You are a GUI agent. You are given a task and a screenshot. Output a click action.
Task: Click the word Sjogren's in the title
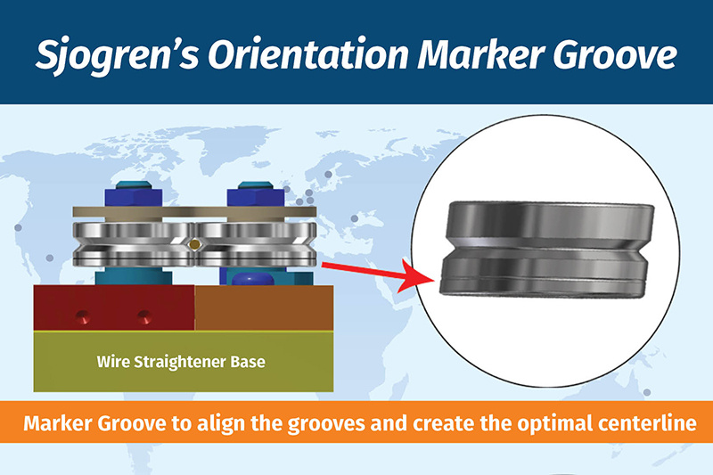(x=118, y=55)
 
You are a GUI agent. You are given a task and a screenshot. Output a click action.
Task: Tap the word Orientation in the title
(x=308, y=54)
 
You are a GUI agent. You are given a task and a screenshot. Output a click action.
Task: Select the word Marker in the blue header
(x=481, y=54)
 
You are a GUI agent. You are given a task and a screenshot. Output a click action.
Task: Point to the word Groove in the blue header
(x=615, y=54)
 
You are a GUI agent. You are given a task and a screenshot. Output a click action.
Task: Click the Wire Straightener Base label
(x=181, y=362)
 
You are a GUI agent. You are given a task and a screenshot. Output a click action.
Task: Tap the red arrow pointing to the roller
(x=377, y=274)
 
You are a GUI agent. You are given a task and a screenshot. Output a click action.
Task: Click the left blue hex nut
(x=133, y=198)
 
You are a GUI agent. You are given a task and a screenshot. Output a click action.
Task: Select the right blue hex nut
(x=256, y=198)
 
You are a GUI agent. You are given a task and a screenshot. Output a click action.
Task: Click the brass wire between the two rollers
(x=194, y=244)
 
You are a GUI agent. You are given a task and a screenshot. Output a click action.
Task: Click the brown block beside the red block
(x=264, y=307)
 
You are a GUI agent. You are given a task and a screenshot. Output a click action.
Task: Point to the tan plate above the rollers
(x=194, y=212)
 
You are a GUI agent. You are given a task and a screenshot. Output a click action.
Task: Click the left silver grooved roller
(x=134, y=244)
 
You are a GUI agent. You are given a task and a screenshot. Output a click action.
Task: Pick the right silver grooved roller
(x=256, y=244)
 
